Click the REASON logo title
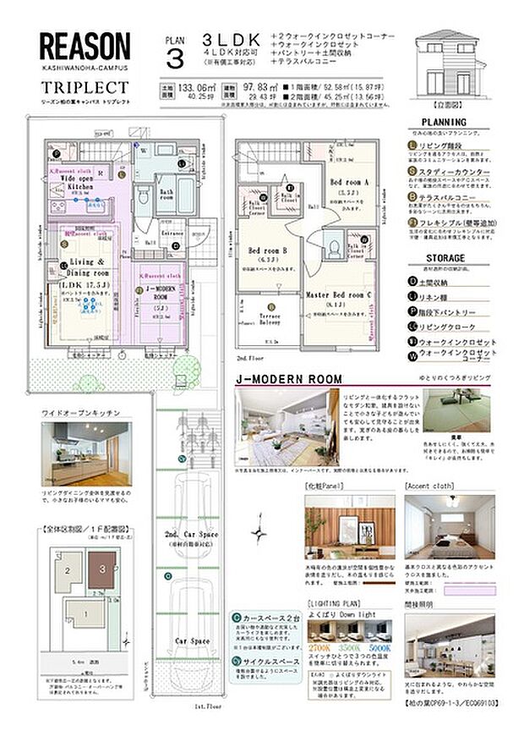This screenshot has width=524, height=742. pyautogui.click(x=85, y=47)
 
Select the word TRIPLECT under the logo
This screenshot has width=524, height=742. pyautogui.click(x=85, y=87)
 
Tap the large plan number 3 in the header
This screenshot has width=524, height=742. pyautogui.click(x=175, y=58)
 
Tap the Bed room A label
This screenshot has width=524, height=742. pyautogui.click(x=349, y=182)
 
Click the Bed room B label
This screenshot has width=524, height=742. pyautogui.click(x=268, y=250)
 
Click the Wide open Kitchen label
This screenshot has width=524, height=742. pyautogui.click(x=80, y=182)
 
